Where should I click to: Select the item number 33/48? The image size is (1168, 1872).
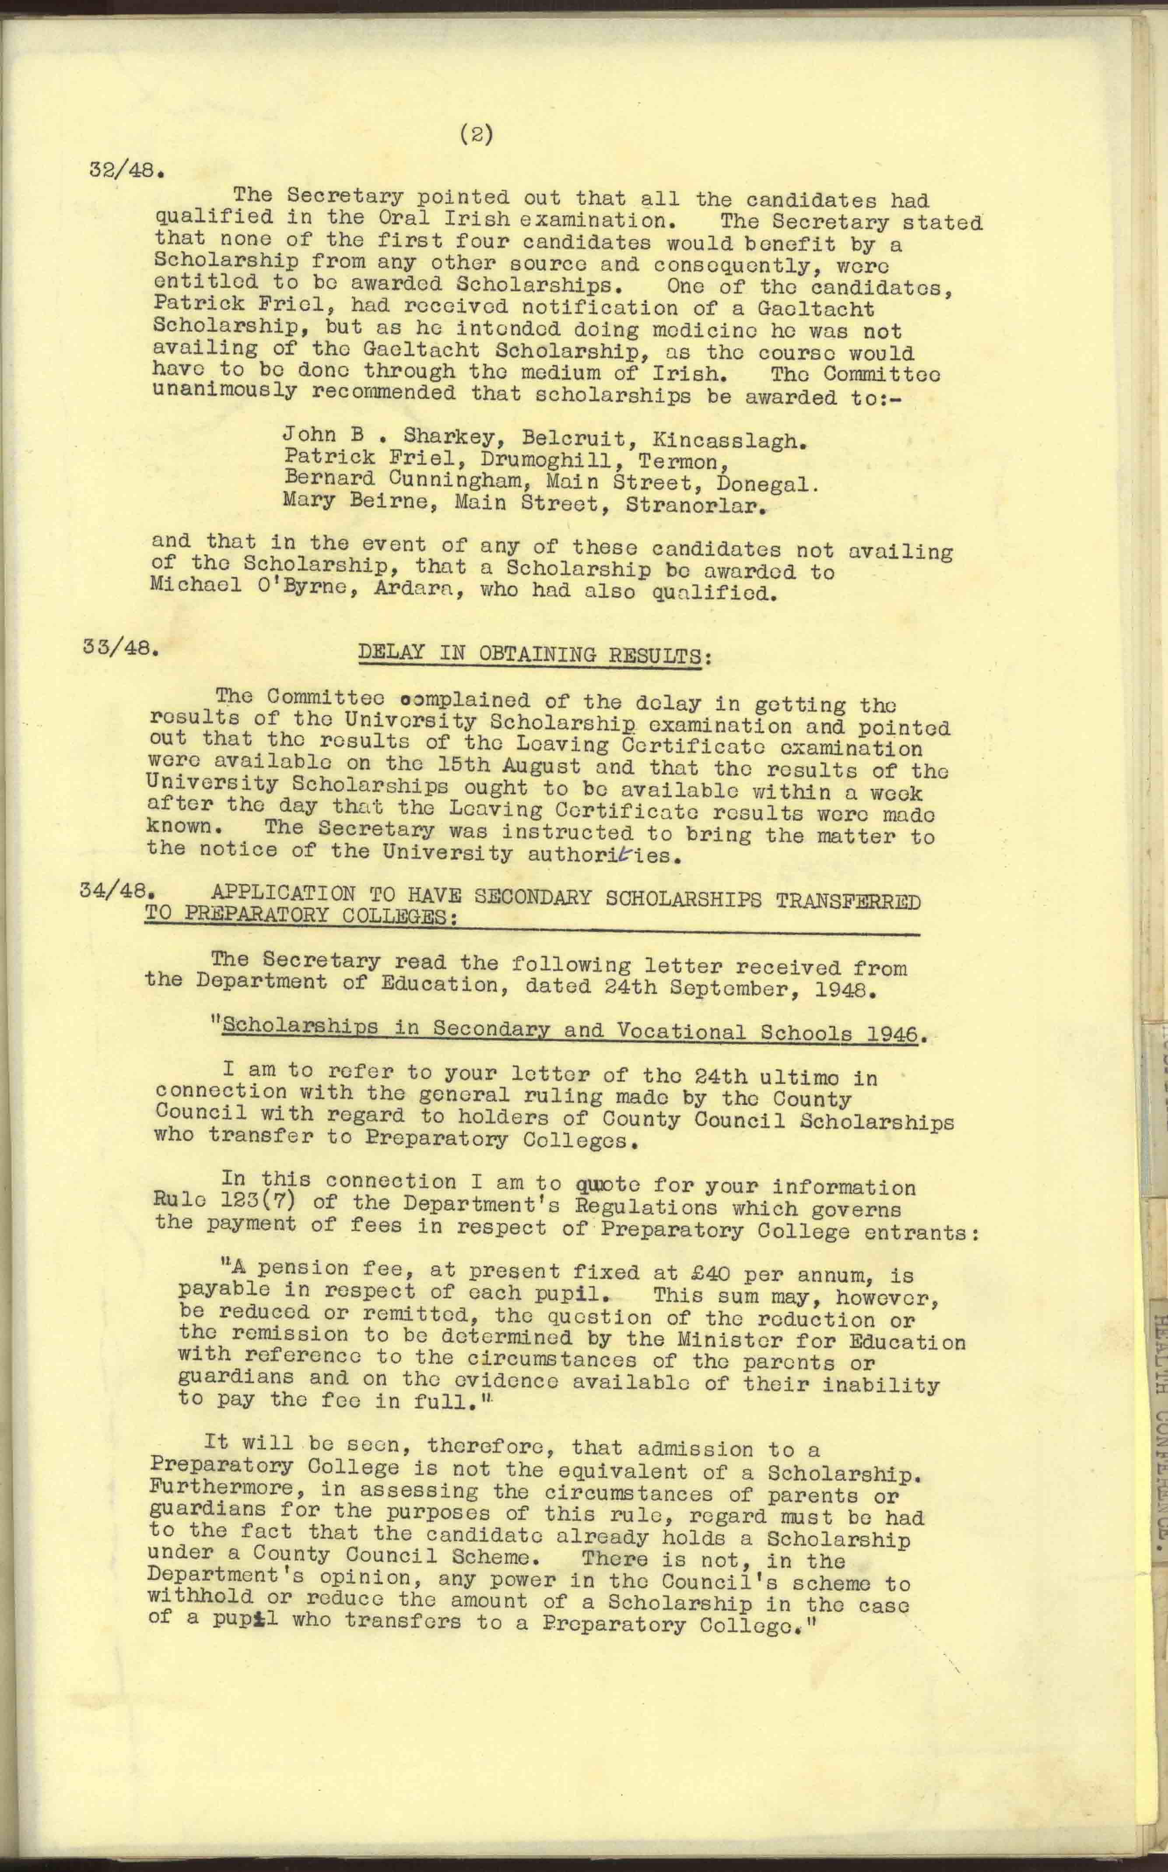tap(120, 647)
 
